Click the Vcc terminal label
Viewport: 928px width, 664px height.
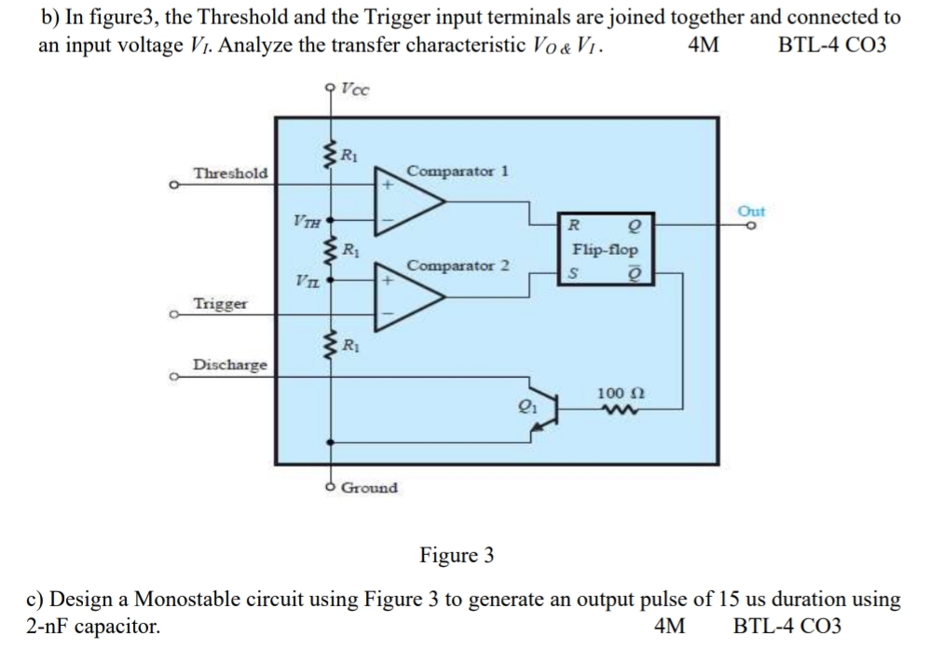tap(355, 90)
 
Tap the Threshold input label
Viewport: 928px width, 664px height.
tap(229, 173)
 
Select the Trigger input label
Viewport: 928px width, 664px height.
tap(219, 304)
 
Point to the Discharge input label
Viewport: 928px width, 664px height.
tap(229, 364)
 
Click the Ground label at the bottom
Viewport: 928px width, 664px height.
tap(369, 488)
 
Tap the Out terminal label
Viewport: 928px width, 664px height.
tap(751, 211)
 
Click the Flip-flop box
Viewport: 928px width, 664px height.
tap(605, 250)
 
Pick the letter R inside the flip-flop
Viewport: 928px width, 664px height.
tap(575, 226)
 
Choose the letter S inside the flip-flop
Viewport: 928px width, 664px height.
tap(575, 274)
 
